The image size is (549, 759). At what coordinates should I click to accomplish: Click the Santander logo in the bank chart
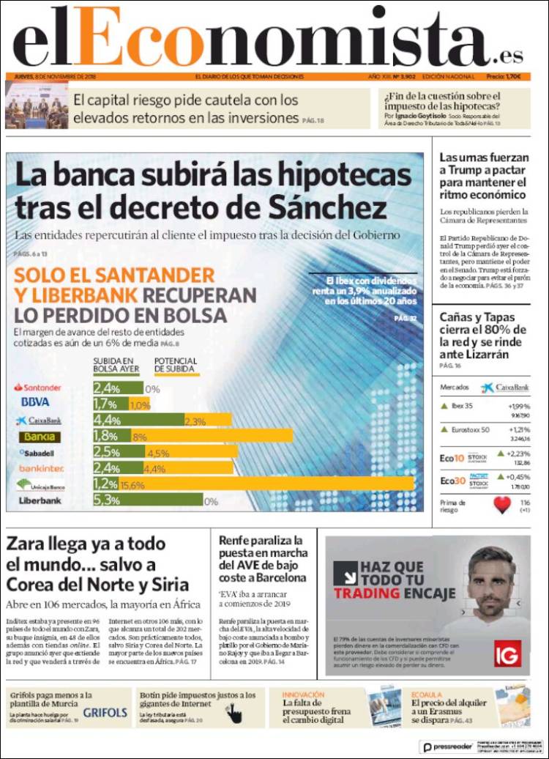38,387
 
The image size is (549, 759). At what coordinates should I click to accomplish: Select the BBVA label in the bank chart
35,402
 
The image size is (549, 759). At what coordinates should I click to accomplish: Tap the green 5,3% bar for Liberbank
147,501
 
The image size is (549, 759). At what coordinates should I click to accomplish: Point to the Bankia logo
40,437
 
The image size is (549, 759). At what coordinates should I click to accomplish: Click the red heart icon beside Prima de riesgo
501,506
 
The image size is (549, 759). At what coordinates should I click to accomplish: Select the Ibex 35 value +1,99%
519,407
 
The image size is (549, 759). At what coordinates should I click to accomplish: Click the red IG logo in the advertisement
507,652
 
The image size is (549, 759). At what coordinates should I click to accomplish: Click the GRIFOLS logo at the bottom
105,712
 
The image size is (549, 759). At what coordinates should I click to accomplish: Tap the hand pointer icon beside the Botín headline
234,713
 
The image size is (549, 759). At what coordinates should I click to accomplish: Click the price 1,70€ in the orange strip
513,77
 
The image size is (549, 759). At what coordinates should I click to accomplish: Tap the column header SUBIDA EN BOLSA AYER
113,365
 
